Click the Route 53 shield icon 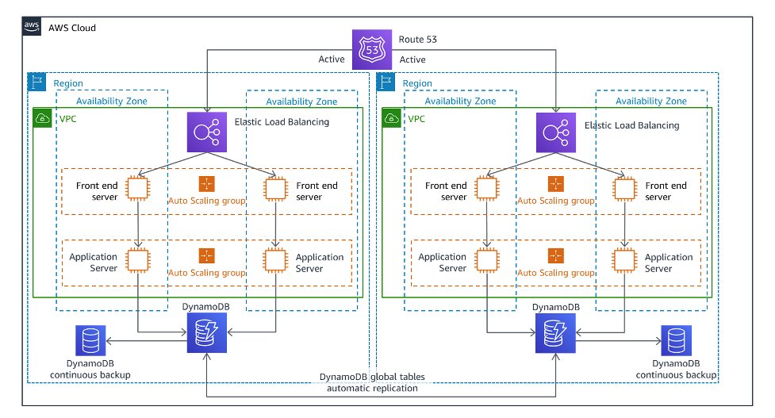(372, 48)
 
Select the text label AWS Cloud (72, 28)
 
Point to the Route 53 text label (418, 39)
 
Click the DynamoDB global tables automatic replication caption (372, 382)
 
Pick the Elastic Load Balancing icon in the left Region (206, 132)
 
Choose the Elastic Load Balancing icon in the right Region (556, 132)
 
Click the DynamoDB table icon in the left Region (206, 332)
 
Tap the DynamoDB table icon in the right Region (555, 333)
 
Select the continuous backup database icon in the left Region (90, 340)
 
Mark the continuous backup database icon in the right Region (676, 341)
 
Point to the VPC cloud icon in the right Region (391, 118)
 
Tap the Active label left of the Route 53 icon (332, 59)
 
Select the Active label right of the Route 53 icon (412, 59)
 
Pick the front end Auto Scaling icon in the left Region (206, 184)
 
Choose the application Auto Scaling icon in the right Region (555, 255)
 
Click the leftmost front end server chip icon (138, 188)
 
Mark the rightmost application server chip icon (624, 259)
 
